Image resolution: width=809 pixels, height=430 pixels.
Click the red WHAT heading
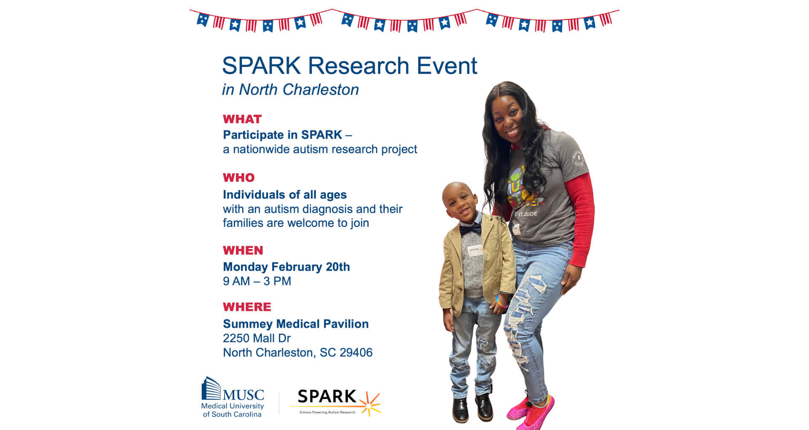pyautogui.click(x=242, y=119)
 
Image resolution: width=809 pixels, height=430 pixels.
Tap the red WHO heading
pyautogui.click(x=239, y=178)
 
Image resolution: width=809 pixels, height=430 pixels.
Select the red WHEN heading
pyautogui.click(x=243, y=250)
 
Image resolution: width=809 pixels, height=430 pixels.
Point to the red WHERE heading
pyautogui.click(x=247, y=307)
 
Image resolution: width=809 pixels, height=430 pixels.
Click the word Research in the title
pyautogui.click(x=359, y=66)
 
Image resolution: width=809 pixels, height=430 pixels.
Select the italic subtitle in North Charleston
pyautogui.click(x=290, y=90)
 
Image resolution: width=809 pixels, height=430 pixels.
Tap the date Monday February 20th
pyautogui.click(x=287, y=267)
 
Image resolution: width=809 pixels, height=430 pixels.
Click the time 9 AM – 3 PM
pyautogui.click(x=257, y=281)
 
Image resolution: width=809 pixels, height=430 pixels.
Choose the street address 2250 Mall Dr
pyautogui.click(x=257, y=338)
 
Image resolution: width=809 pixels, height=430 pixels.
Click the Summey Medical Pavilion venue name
pyautogui.click(x=296, y=324)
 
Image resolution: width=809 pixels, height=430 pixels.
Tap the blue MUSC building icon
pyautogui.click(x=211, y=388)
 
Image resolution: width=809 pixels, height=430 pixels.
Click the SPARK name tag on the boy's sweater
pyautogui.click(x=474, y=250)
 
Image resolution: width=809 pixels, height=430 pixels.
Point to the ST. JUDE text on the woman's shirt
pyautogui.click(x=528, y=214)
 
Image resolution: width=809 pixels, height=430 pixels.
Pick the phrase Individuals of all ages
pyautogui.click(x=285, y=195)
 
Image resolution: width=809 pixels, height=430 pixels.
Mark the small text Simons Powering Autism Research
pyautogui.click(x=327, y=412)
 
